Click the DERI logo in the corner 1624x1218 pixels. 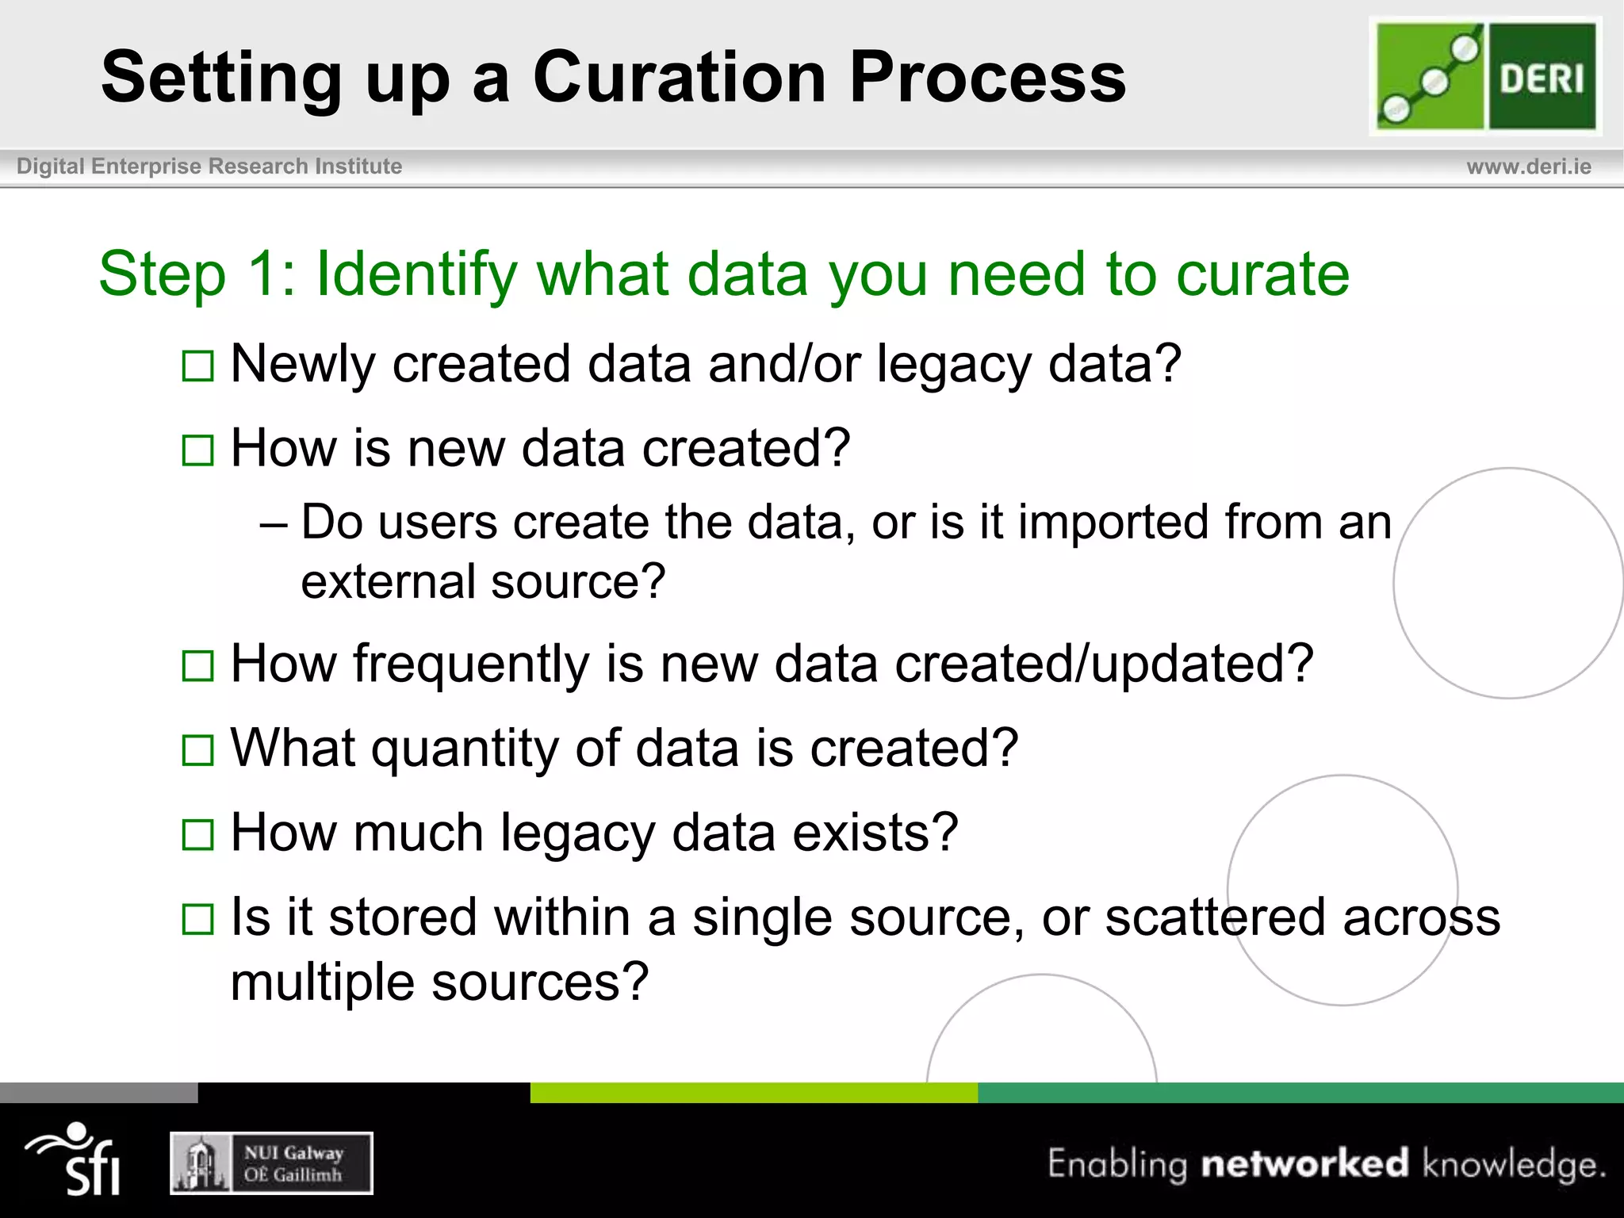tap(1485, 76)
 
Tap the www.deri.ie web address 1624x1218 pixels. tap(1528, 167)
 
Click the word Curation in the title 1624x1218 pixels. tap(680, 77)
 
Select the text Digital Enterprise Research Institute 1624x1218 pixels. tap(209, 167)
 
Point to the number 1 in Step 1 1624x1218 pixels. tap(261, 274)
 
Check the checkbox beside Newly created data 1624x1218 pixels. tap(197, 366)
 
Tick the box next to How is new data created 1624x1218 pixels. tap(197, 450)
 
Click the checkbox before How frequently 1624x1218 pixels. tap(197, 666)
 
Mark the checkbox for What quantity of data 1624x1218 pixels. tap(197, 750)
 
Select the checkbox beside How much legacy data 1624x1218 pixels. tap(197, 835)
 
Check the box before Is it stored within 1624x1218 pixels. tap(197, 920)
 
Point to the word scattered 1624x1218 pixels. tap(1214, 917)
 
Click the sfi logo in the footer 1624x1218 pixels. tap(75, 1159)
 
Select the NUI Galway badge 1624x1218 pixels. tap(271, 1163)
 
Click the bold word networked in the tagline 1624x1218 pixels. tap(1304, 1163)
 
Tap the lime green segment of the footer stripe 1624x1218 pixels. tap(753, 1093)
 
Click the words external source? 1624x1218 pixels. tap(483, 582)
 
